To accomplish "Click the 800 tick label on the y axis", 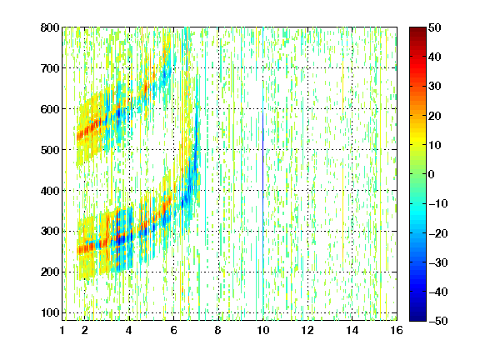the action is point(50,27).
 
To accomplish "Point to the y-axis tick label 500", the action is point(50,150).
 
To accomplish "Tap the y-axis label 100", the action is point(50,312).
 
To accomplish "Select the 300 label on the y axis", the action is point(50,231).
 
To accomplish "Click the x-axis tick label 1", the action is point(62,330).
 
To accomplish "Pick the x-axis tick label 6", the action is point(174,330).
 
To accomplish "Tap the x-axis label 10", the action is point(263,330).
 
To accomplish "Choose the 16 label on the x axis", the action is point(397,330).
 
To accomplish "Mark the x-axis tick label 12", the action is point(307,330).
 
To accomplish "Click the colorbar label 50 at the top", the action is point(434,27).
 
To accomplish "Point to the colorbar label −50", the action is point(437,321).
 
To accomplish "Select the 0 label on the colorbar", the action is point(432,174).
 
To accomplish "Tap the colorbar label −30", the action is point(437,262).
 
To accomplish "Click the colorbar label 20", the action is point(434,116).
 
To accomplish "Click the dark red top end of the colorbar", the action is point(417,30).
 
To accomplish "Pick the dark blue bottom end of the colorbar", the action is point(417,317).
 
